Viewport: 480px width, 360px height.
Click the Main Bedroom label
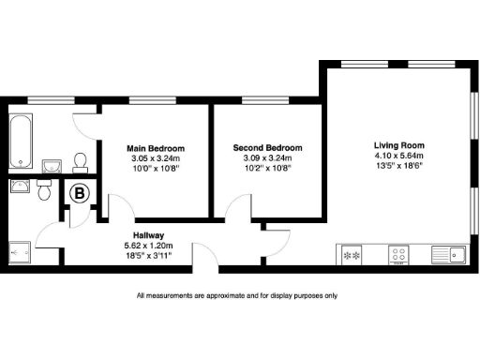point(156,148)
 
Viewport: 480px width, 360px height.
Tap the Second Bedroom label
point(268,148)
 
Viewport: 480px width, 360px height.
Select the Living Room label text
point(399,145)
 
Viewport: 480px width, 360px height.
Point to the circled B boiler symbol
point(81,195)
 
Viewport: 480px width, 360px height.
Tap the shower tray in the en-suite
point(20,250)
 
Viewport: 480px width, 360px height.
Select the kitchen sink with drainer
point(448,253)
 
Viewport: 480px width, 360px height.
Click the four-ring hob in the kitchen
point(398,253)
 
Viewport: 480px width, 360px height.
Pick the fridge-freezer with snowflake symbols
point(352,253)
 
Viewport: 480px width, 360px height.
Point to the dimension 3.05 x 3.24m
point(156,158)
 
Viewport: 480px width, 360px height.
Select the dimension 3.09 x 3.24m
point(268,158)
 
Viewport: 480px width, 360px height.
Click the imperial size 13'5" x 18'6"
point(399,166)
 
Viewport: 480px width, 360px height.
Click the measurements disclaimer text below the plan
point(236,295)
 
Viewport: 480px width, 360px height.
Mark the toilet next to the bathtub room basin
point(80,162)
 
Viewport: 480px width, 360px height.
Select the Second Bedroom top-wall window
point(257,99)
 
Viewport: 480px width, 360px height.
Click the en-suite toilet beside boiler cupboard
point(43,190)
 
